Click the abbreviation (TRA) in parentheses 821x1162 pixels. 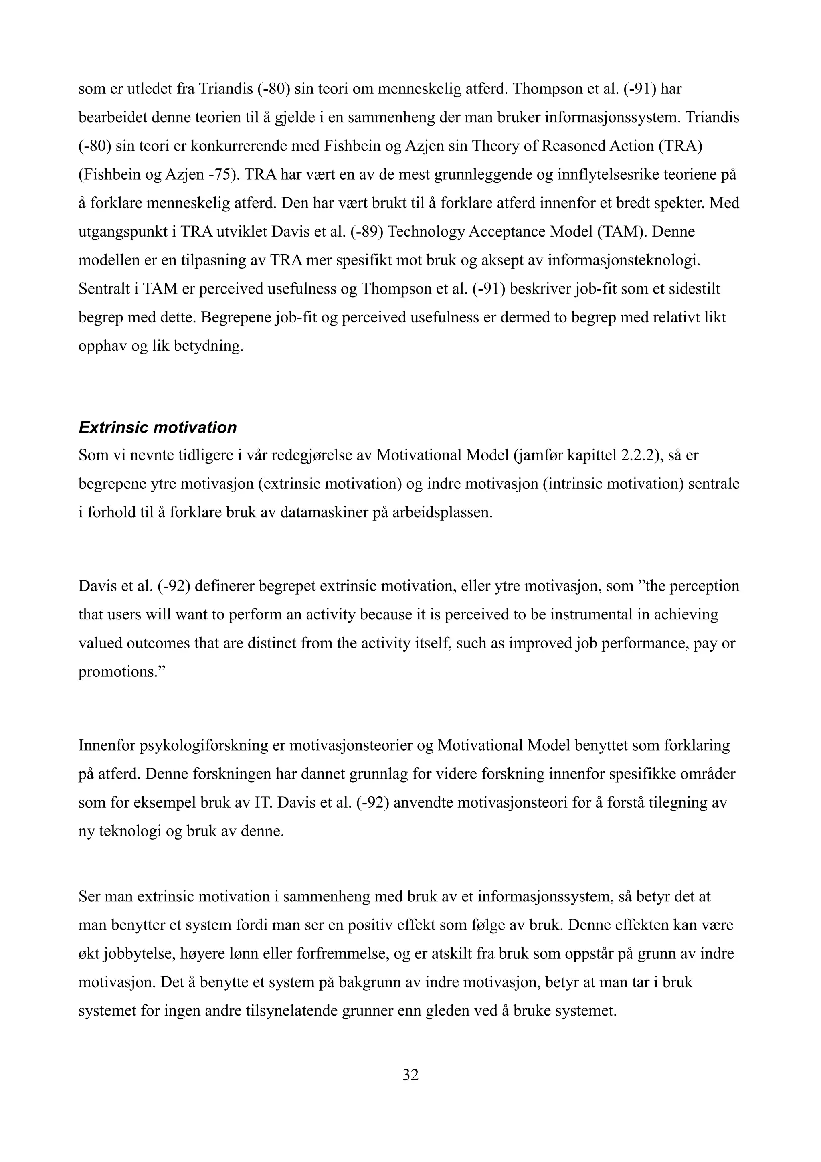(x=680, y=146)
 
